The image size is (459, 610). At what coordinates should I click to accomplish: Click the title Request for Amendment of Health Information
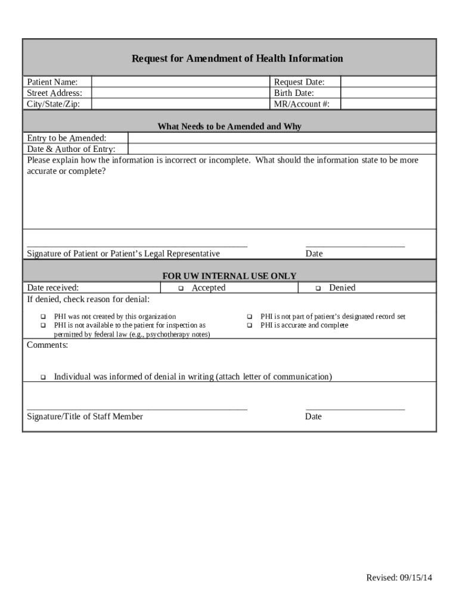pos(237,58)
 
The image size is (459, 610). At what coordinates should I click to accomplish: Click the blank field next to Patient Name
pos(180,82)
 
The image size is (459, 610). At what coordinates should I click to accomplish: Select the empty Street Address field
pos(180,93)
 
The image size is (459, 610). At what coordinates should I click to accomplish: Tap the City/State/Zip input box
pos(180,104)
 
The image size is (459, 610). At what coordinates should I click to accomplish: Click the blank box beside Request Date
pos(387,82)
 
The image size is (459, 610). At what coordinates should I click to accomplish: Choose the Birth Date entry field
pos(387,93)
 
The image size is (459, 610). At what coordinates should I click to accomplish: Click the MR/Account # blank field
pos(387,104)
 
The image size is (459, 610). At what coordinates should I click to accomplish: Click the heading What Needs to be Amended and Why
pos(229,126)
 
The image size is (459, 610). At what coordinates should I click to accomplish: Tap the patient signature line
pos(137,244)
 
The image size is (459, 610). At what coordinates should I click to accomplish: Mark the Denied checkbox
pos(318,288)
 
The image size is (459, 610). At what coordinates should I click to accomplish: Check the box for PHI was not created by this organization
pos(43,316)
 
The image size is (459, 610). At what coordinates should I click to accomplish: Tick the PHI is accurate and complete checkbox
pos(249,325)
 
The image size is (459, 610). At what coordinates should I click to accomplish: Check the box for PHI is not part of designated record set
pos(249,316)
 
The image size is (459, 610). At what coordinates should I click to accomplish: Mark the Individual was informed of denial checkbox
pos(43,377)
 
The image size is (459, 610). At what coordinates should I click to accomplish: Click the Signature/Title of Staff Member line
pos(137,409)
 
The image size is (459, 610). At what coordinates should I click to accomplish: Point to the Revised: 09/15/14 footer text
pos(399,578)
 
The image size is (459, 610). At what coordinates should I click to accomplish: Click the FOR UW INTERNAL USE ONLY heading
pos(229,276)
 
